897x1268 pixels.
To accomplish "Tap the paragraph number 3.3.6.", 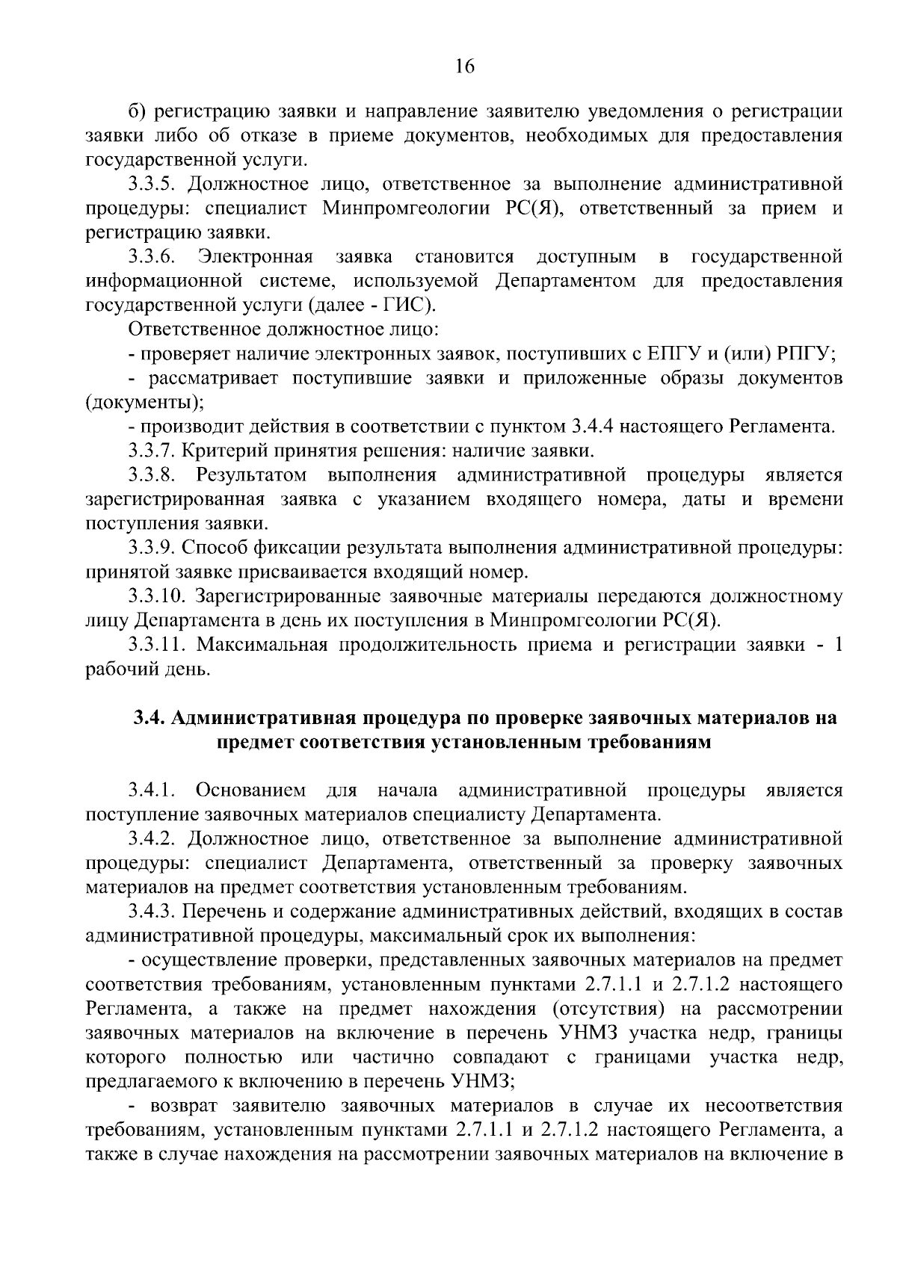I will pyautogui.click(x=152, y=257).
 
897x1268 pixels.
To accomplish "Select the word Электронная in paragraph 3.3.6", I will pyautogui.click(x=256, y=257).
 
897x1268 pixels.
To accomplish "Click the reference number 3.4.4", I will pyautogui.click(x=591, y=427).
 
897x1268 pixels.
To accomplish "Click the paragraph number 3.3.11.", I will pyautogui.click(x=156, y=644).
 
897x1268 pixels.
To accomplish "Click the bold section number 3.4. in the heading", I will pyautogui.click(x=149, y=718).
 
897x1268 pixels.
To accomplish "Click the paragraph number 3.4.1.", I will pyautogui.click(x=152, y=791).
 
